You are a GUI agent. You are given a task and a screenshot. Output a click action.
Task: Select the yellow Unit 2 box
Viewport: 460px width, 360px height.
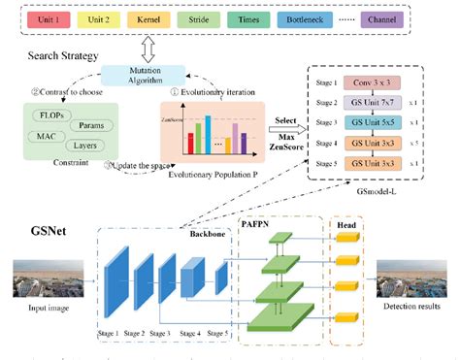point(95,18)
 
